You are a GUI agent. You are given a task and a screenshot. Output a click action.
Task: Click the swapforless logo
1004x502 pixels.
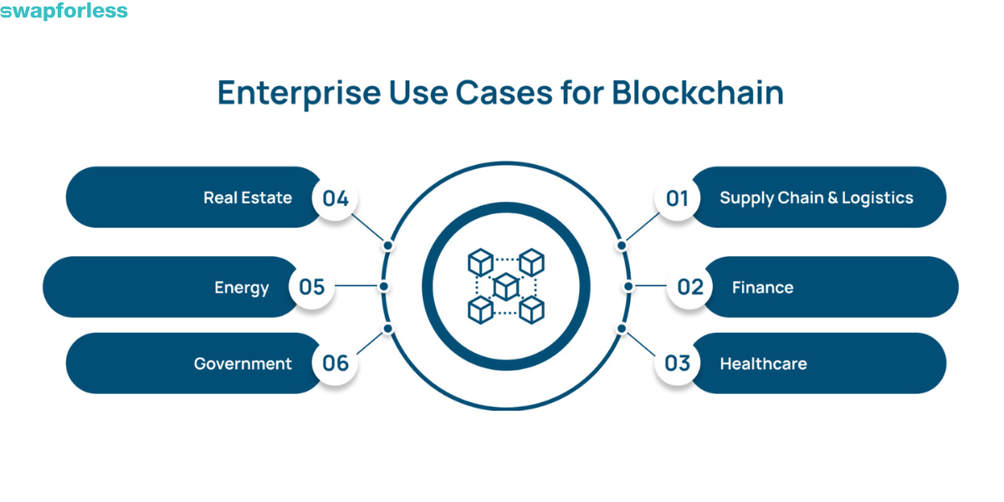64,12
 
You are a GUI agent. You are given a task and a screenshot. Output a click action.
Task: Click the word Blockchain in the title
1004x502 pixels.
697,93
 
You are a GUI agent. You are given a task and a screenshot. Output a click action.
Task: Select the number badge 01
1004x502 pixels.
677,198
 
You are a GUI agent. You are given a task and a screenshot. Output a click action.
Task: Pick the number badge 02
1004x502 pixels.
689,287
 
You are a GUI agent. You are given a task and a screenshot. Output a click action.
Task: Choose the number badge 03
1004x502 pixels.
677,363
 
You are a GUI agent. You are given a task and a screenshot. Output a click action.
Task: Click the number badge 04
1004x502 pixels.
335,198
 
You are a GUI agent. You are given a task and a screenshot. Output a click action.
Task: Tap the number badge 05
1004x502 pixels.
311,287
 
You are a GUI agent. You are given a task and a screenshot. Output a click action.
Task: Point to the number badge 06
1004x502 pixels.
335,363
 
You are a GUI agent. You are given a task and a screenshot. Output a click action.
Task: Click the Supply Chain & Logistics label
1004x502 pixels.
816,198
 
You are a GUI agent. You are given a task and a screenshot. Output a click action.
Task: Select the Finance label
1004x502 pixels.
762,287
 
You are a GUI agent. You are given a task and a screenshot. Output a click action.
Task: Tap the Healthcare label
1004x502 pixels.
763,363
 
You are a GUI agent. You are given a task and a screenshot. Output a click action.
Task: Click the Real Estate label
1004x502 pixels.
248,198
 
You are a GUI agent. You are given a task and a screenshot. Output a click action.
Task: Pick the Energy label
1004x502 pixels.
242,287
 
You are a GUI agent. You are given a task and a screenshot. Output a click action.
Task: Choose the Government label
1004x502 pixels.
243,363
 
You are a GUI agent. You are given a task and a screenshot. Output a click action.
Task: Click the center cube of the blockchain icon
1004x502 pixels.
506,287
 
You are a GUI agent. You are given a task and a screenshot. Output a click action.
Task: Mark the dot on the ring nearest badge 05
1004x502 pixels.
383,286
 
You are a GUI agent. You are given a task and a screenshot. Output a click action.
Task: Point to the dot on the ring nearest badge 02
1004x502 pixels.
628,286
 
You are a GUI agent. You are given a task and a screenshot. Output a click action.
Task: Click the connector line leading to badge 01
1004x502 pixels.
641,228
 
